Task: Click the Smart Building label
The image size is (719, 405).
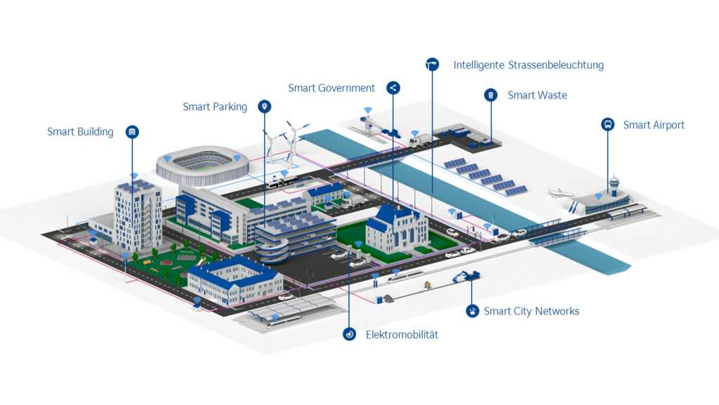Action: [80, 132]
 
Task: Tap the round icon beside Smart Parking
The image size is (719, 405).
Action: [264, 107]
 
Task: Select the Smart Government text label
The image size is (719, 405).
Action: [331, 88]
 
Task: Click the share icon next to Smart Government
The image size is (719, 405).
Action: [393, 88]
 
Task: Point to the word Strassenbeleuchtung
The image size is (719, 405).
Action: [556, 65]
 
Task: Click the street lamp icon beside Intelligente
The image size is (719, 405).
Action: [432, 65]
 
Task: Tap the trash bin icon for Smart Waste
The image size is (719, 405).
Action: [491, 95]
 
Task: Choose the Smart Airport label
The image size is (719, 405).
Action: [654, 125]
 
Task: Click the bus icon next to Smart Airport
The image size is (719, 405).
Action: [607, 124]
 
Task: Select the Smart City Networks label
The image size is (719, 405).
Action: [532, 311]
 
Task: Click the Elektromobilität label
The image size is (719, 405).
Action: [402, 335]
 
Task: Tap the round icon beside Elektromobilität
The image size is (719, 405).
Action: [350, 334]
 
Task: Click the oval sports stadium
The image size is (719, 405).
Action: [202, 165]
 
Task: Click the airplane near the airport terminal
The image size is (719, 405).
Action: [560, 193]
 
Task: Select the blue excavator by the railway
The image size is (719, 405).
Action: [466, 276]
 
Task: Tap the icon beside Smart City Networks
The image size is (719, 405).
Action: [473, 311]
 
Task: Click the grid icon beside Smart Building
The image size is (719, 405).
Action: [132, 132]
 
